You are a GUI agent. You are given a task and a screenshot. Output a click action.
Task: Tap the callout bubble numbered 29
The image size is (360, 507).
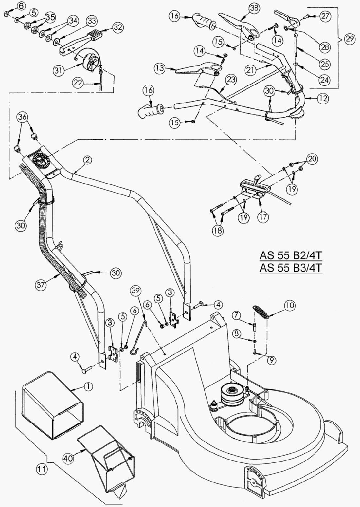coord(350,39)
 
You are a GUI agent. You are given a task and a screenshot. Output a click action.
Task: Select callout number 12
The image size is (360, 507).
coord(322,99)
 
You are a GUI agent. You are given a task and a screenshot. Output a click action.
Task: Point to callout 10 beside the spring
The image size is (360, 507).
coord(290,305)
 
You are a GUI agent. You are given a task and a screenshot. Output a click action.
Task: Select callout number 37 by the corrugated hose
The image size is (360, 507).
coord(41,285)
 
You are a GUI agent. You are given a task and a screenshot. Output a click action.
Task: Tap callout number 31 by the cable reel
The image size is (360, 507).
coord(58,71)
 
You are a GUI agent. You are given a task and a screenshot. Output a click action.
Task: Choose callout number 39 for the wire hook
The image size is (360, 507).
coord(136,291)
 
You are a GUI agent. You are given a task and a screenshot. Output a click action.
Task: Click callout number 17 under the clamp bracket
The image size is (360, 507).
coord(263,217)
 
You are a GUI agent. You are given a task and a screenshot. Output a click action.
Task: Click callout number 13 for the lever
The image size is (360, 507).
coord(160,68)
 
